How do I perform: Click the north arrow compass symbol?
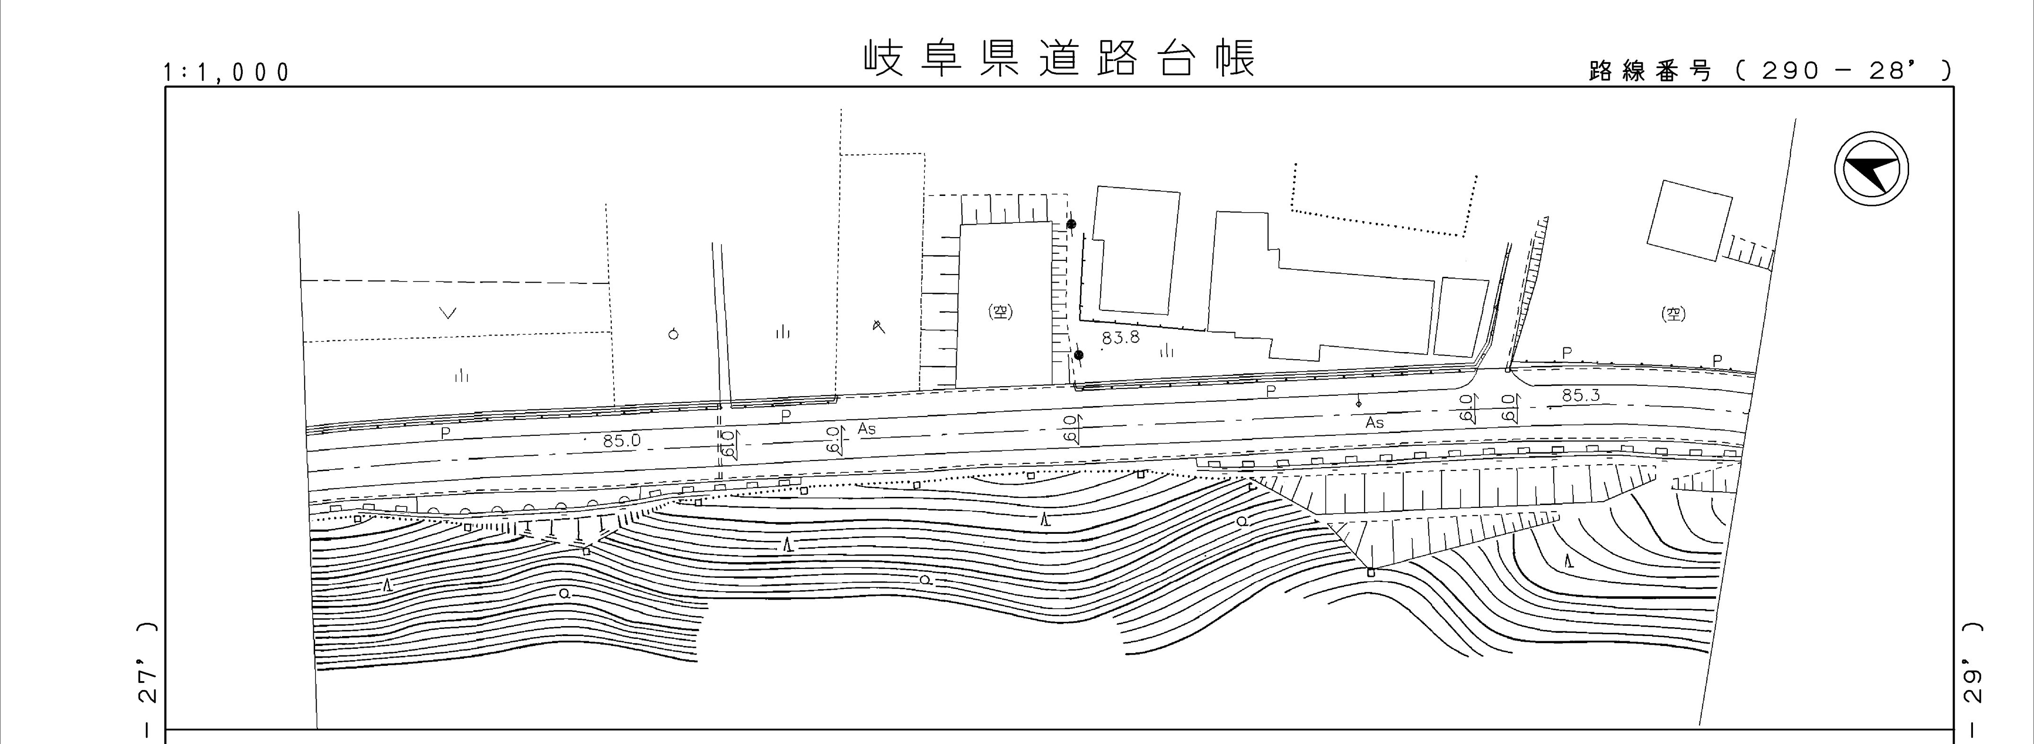point(1871,170)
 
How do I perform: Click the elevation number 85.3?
point(1581,396)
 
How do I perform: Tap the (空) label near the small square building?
point(1673,314)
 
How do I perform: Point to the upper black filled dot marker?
point(1072,224)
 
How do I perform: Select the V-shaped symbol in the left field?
point(448,314)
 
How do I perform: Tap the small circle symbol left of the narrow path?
point(674,333)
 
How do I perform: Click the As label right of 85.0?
point(867,429)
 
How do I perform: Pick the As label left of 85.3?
point(1374,423)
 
